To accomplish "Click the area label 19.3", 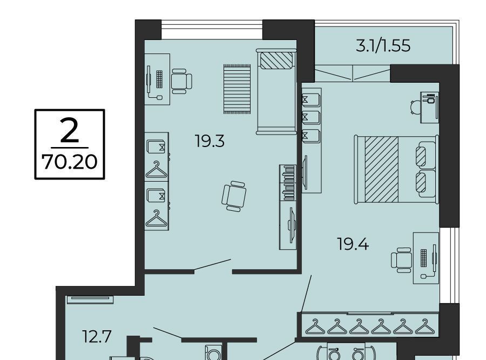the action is pos(210,141).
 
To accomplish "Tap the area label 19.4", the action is pos(353,244).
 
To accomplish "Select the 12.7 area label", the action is pos(97,336).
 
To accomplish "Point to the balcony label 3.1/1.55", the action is pos(383,46).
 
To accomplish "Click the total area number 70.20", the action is pos(70,162).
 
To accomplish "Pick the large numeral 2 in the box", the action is pos(70,130).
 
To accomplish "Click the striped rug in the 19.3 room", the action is pos(237,89).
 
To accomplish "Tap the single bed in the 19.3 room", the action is pos(276,91).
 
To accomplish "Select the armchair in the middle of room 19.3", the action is pos(234,196).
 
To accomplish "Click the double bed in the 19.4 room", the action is pos(397,169).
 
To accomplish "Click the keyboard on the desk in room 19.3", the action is pos(159,79).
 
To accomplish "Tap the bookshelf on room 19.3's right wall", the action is pos(288,183).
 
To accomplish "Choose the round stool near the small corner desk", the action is pos(415,108).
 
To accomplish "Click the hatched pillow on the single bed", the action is pos(276,61).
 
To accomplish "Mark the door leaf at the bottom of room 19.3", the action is pos(213,265).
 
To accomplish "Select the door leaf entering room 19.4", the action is pos(306,294).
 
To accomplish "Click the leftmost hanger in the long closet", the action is pos(315,326).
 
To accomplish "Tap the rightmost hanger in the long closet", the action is pos(424,326).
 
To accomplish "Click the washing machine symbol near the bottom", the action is pos(213,353).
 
